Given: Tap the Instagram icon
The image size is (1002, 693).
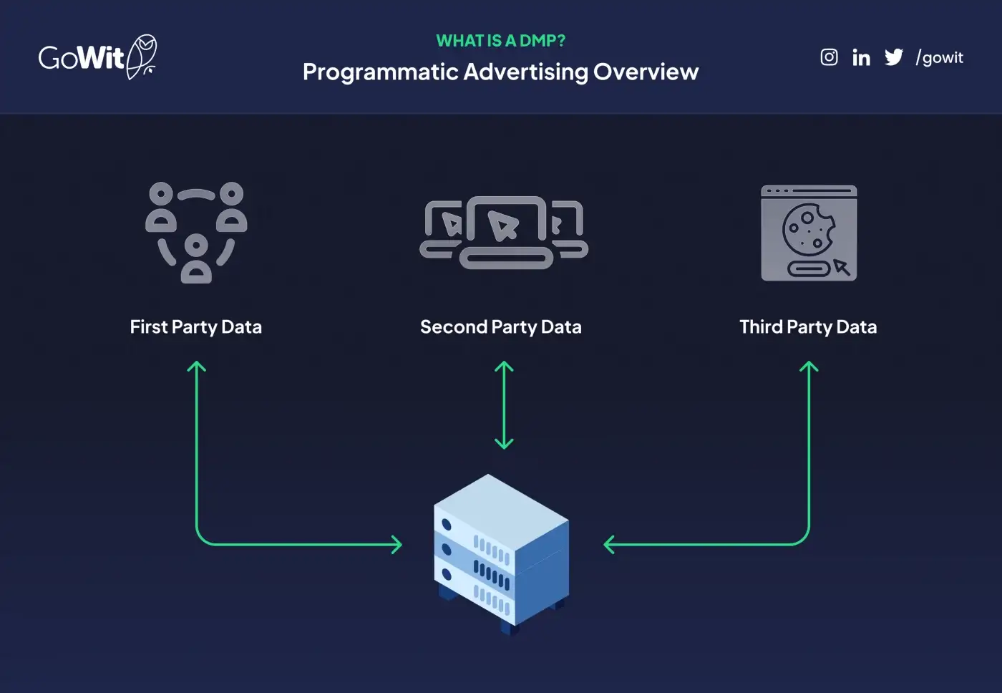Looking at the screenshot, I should (x=829, y=57).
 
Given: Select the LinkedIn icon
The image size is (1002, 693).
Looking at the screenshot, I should (x=861, y=57).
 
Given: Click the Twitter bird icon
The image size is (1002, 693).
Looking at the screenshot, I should (x=894, y=57).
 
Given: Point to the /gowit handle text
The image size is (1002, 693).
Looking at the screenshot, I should (x=940, y=58).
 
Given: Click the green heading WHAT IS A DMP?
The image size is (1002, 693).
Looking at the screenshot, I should (x=500, y=41).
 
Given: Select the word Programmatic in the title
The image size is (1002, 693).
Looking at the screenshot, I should (x=380, y=72).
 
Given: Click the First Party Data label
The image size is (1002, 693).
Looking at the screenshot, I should (x=196, y=327).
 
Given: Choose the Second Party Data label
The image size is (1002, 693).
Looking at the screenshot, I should (x=501, y=327).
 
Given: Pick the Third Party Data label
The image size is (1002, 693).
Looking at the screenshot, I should (x=808, y=327).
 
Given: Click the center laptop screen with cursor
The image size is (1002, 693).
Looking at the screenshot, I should (x=505, y=222).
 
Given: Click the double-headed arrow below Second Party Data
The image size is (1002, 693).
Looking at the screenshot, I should (x=504, y=405).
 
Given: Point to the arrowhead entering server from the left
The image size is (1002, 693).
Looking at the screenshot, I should (x=397, y=545).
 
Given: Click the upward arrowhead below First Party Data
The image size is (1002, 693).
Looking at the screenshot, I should (x=196, y=367).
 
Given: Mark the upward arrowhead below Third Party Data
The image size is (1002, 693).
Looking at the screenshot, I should (x=809, y=367).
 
